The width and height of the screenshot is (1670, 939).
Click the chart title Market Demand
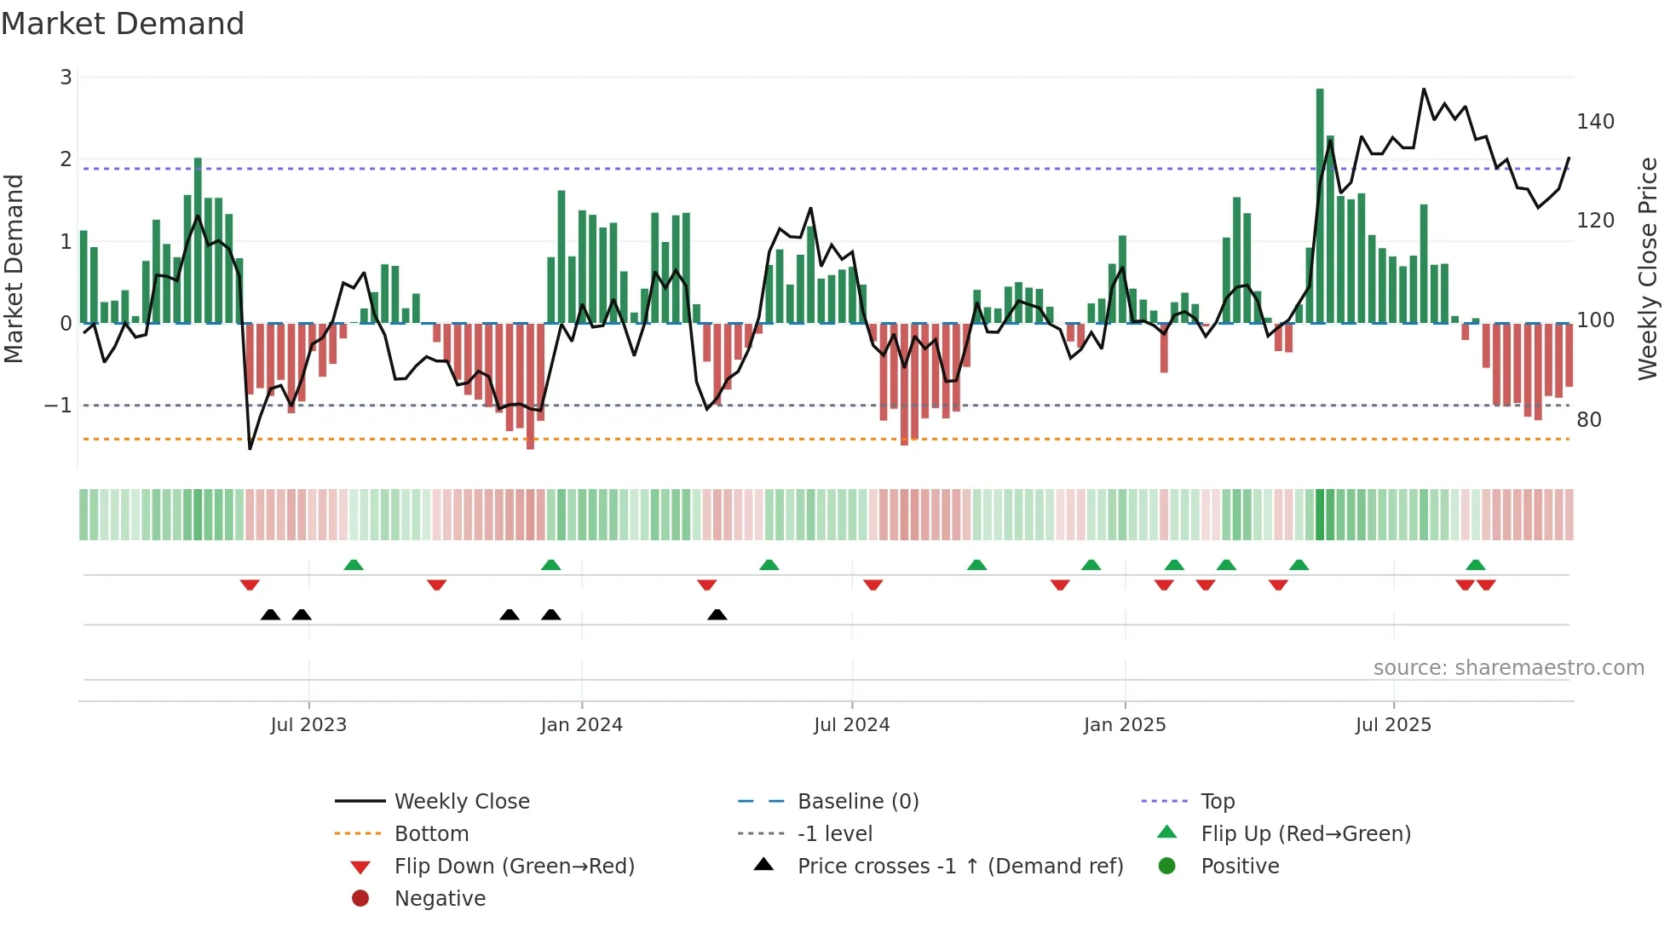tap(123, 24)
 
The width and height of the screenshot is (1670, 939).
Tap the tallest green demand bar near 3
tap(1320, 205)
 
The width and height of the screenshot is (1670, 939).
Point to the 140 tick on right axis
tap(1595, 122)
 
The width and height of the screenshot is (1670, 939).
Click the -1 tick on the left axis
tap(59, 406)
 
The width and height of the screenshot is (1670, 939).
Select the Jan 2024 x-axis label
tap(581, 725)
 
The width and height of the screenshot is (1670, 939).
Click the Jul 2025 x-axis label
tap(1393, 725)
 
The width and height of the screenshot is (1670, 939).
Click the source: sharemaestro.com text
tap(1508, 668)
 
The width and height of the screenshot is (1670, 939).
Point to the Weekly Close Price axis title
tap(1648, 268)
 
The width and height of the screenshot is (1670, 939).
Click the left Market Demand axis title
tap(14, 268)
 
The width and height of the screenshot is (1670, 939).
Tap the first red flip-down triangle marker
tap(250, 585)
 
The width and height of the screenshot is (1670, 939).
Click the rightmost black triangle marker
tap(717, 615)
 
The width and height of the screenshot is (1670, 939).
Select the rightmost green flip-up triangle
tap(1476, 565)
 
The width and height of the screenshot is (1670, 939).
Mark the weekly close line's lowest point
tap(250, 448)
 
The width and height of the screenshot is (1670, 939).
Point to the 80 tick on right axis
tap(1588, 420)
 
